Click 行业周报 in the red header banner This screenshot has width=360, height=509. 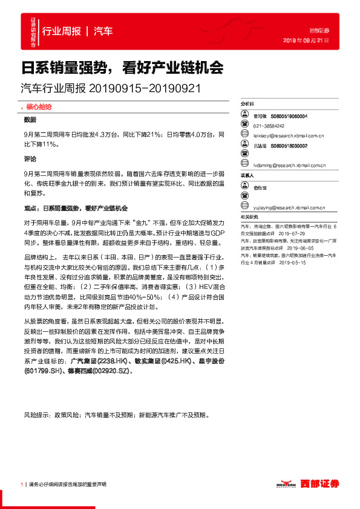[x=61, y=31]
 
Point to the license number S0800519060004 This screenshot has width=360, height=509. [x=289, y=117]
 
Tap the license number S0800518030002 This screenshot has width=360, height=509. [x=289, y=146]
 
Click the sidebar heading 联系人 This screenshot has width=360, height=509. [x=247, y=175]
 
